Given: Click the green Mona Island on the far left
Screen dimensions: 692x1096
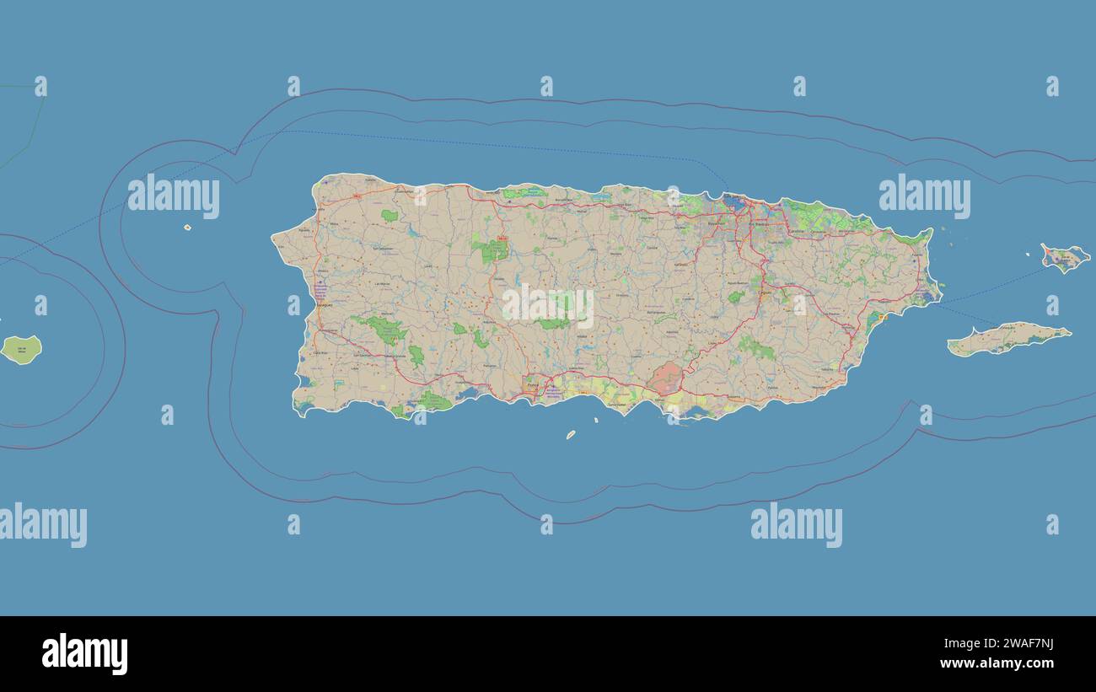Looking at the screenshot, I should tap(21, 349).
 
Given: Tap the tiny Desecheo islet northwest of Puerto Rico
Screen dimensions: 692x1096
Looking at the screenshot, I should tap(187, 228).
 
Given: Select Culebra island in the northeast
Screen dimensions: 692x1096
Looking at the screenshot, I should tap(1065, 258).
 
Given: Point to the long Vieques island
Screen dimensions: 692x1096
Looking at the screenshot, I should tap(1008, 339).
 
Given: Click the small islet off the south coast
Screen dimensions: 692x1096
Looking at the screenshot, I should tap(571, 435).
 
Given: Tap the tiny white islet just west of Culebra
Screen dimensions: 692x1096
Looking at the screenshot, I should tap(1029, 254).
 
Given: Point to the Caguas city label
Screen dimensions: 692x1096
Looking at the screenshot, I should tap(766, 293).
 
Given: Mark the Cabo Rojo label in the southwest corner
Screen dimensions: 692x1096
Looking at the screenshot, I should tap(319, 353).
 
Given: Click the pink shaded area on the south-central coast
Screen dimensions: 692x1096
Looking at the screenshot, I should tap(666, 378).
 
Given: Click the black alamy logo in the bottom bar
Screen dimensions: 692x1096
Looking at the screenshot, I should tap(84, 654).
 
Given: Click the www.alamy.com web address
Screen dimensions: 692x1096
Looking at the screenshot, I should tap(997, 663).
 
